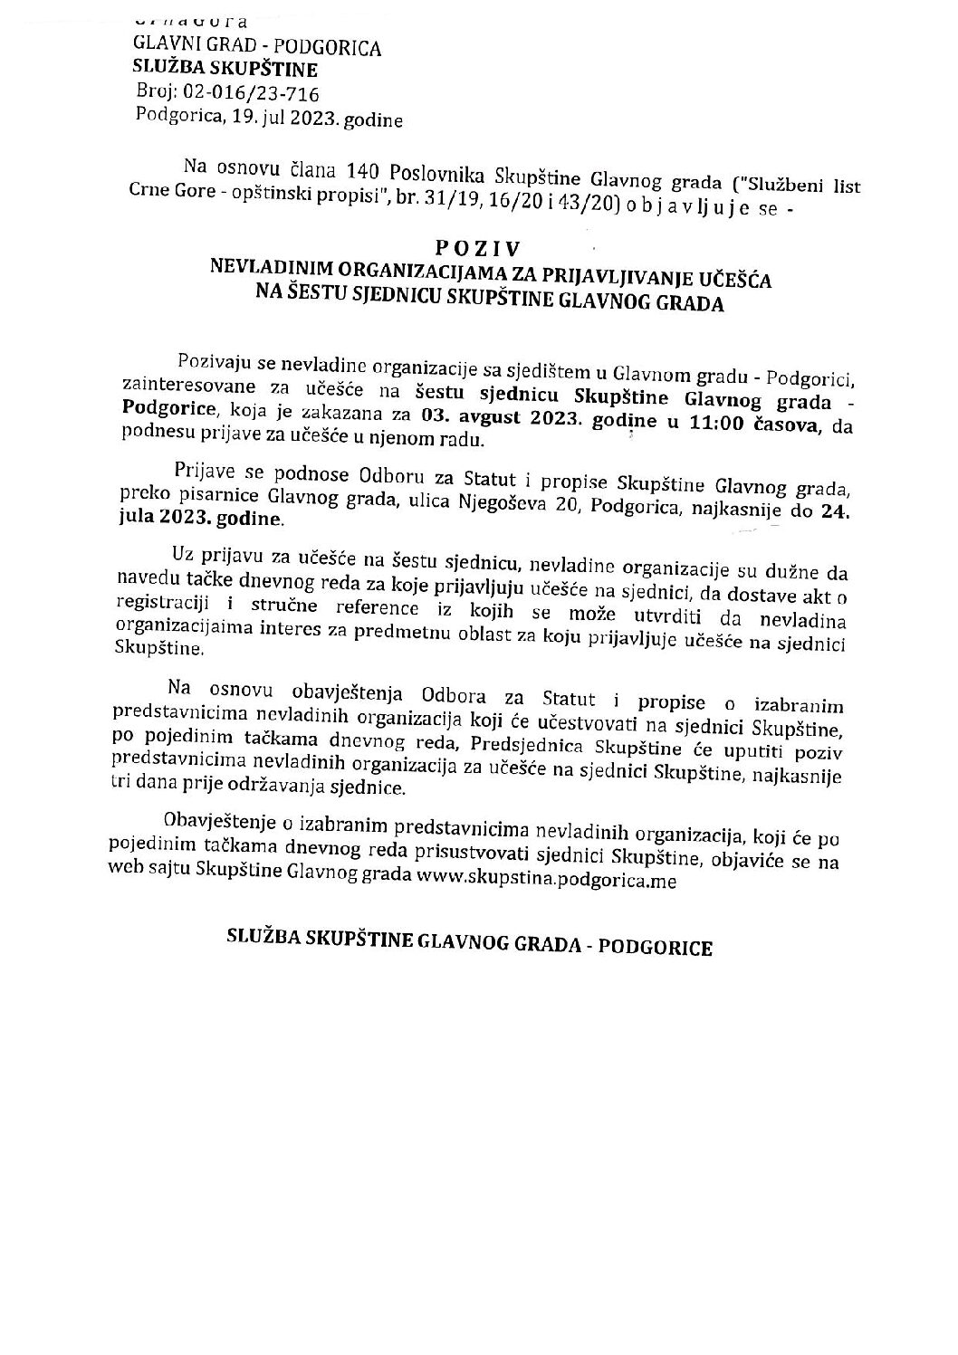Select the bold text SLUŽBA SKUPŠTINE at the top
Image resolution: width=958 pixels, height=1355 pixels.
click(x=213, y=69)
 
